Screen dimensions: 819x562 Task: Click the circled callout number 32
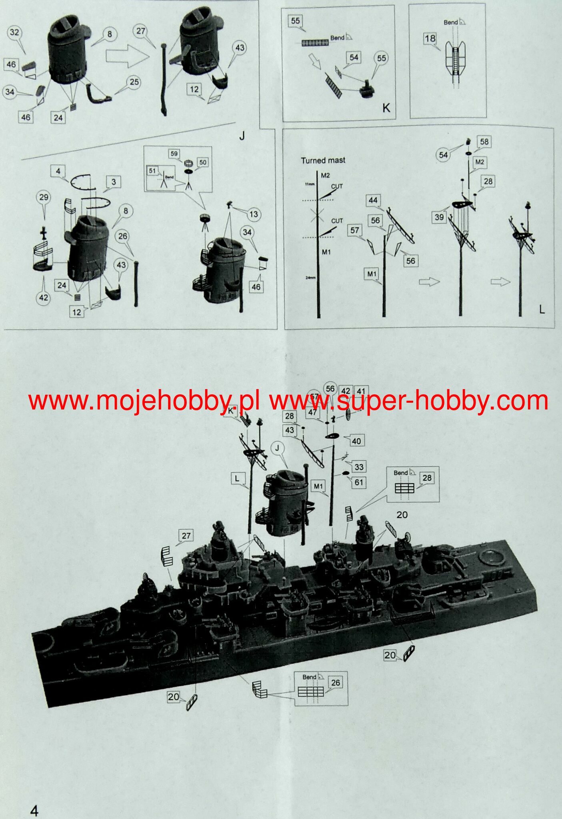click(14, 32)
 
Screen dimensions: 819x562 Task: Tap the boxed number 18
click(430, 39)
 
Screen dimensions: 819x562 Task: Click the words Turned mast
click(323, 160)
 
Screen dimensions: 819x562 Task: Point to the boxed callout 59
click(174, 154)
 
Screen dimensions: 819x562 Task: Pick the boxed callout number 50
click(202, 162)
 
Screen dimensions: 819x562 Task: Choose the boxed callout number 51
click(152, 171)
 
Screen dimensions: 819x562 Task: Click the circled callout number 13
click(253, 214)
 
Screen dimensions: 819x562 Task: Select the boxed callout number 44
click(373, 200)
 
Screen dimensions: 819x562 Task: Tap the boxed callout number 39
click(439, 217)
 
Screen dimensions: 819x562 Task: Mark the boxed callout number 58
click(484, 142)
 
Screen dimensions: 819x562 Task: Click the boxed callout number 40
click(356, 441)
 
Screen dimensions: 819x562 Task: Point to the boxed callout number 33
click(359, 467)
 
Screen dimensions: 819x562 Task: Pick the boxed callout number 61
click(359, 482)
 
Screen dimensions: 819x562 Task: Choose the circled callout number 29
click(44, 197)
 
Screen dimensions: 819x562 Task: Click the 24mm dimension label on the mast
click(310, 278)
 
